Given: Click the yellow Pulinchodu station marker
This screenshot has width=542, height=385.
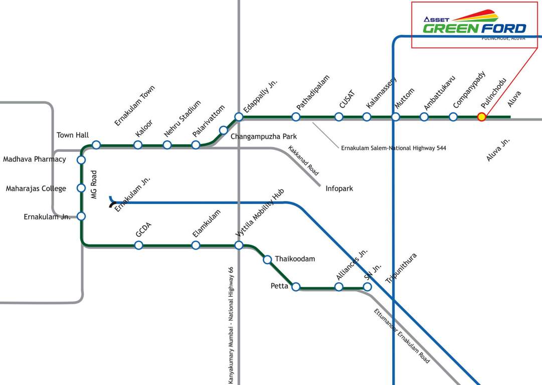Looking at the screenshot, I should [x=481, y=117].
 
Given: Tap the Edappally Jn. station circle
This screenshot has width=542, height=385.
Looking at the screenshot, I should [x=239, y=117].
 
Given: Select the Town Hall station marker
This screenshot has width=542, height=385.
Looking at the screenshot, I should [x=96, y=145].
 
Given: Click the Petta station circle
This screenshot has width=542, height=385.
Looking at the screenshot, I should [x=296, y=287].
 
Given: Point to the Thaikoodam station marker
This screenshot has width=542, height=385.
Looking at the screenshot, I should [x=267, y=259].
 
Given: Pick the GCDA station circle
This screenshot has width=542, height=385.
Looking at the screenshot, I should [x=139, y=245].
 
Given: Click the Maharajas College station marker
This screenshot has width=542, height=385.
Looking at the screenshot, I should [x=81, y=188].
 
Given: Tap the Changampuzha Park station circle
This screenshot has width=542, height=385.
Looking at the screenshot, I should [x=224, y=130].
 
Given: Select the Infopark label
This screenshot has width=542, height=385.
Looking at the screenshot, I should [x=339, y=188].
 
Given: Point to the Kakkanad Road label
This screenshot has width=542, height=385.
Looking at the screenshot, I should [x=303, y=160].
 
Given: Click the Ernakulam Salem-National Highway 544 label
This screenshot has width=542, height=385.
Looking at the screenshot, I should [x=393, y=148].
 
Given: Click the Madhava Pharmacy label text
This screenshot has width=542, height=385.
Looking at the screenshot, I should [x=35, y=159].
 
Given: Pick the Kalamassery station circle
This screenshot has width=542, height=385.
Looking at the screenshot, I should [x=367, y=117].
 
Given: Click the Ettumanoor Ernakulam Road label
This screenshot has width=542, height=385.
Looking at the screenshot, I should [x=402, y=336].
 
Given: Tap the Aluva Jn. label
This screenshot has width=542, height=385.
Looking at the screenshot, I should [x=498, y=150].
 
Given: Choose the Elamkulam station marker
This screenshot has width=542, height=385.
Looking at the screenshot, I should [x=196, y=245].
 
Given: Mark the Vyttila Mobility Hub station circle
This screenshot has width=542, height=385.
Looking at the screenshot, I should [x=239, y=245].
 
